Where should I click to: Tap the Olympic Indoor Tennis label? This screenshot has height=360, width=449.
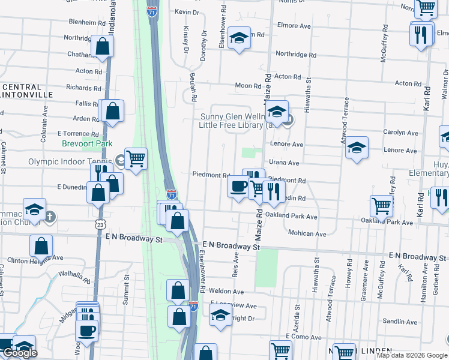(x=70, y=161)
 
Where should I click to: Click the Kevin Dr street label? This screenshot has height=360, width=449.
(x=187, y=12)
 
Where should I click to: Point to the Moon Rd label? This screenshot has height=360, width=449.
(x=247, y=86)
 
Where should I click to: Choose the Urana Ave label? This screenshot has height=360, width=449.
(x=285, y=163)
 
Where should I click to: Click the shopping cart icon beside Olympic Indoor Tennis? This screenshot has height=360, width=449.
(x=136, y=159)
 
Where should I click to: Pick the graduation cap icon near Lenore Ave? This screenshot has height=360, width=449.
(x=357, y=148)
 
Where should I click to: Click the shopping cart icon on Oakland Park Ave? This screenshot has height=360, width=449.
(x=382, y=206)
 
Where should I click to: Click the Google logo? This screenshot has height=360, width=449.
(x=20, y=353)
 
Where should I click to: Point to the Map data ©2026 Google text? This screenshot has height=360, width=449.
(x=411, y=355)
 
